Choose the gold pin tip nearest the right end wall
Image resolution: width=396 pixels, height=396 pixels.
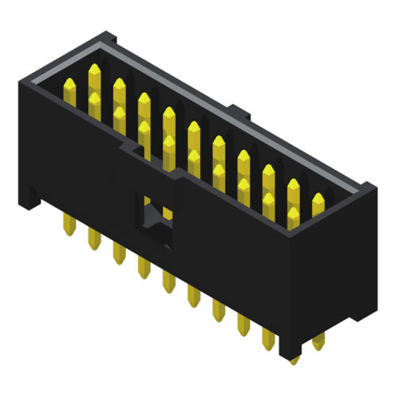pyautogui.click(x=318, y=197)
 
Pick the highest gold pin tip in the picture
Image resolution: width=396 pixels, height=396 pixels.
pyautogui.click(x=95, y=70)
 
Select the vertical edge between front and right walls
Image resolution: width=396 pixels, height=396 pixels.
pyautogui.click(x=291, y=293)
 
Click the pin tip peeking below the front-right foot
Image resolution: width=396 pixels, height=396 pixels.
pyautogui.click(x=294, y=360)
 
